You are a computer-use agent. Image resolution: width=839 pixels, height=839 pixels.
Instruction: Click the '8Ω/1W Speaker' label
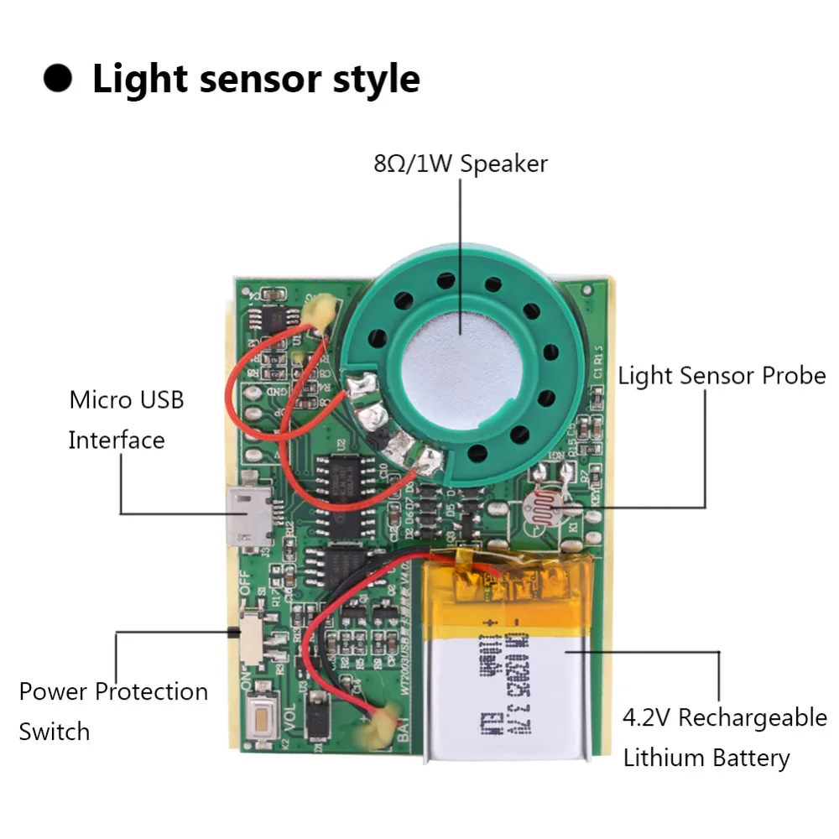[x=460, y=163]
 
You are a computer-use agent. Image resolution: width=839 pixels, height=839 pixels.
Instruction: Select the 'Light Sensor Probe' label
[x=722, y=376]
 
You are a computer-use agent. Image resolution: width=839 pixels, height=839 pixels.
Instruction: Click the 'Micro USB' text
[x=126, y=399]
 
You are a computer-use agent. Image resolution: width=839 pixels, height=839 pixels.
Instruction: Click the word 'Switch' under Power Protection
[x=54, y=732]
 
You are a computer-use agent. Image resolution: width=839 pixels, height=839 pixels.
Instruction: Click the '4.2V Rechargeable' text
[x=724, y=718]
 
